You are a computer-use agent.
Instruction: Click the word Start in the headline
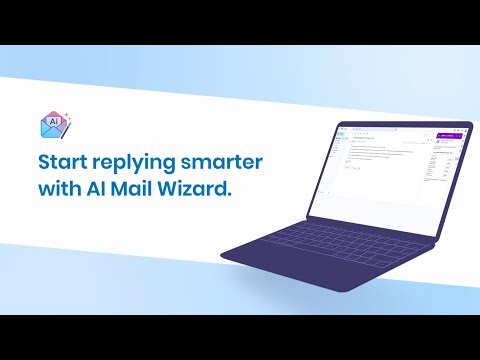point(64,162)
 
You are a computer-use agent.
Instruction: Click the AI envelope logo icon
point(53,123)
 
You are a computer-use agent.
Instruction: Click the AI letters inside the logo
point(54,119)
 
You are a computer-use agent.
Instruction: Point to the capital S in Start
point(44,162)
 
